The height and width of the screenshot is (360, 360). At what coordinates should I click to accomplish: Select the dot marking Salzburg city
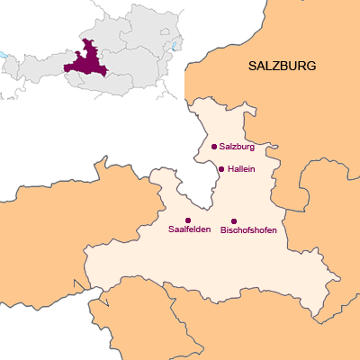[x=213, y=146]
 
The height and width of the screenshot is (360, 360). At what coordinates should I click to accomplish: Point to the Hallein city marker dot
[x=221, y=168]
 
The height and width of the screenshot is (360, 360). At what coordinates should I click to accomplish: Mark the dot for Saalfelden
[x=188, y=220]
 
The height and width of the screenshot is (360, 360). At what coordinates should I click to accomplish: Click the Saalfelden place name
[x=189, y=230]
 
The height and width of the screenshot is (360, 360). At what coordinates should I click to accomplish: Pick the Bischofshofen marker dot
[x=234, y=220]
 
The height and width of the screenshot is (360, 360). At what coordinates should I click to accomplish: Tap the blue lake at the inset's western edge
[x=3, y=55]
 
